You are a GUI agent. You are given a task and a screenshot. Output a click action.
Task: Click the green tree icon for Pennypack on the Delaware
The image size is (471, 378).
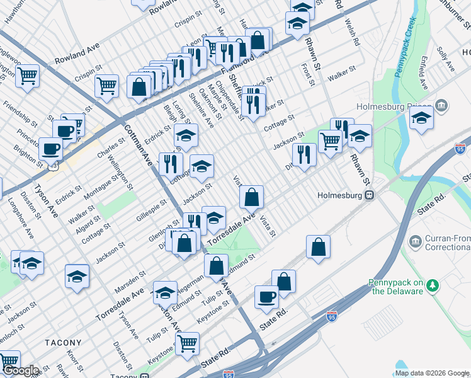[433, 286]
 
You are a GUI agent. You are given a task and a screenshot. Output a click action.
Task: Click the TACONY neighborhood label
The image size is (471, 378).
[63, 343]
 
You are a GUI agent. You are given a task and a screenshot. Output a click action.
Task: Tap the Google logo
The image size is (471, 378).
[20, 370]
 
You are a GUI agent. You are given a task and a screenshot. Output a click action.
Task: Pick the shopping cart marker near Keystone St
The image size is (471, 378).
[188, 344]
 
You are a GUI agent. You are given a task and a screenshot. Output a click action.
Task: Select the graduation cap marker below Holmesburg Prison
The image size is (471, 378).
[421, 117]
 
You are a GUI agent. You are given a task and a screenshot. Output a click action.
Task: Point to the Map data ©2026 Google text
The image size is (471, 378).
[431, 373]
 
